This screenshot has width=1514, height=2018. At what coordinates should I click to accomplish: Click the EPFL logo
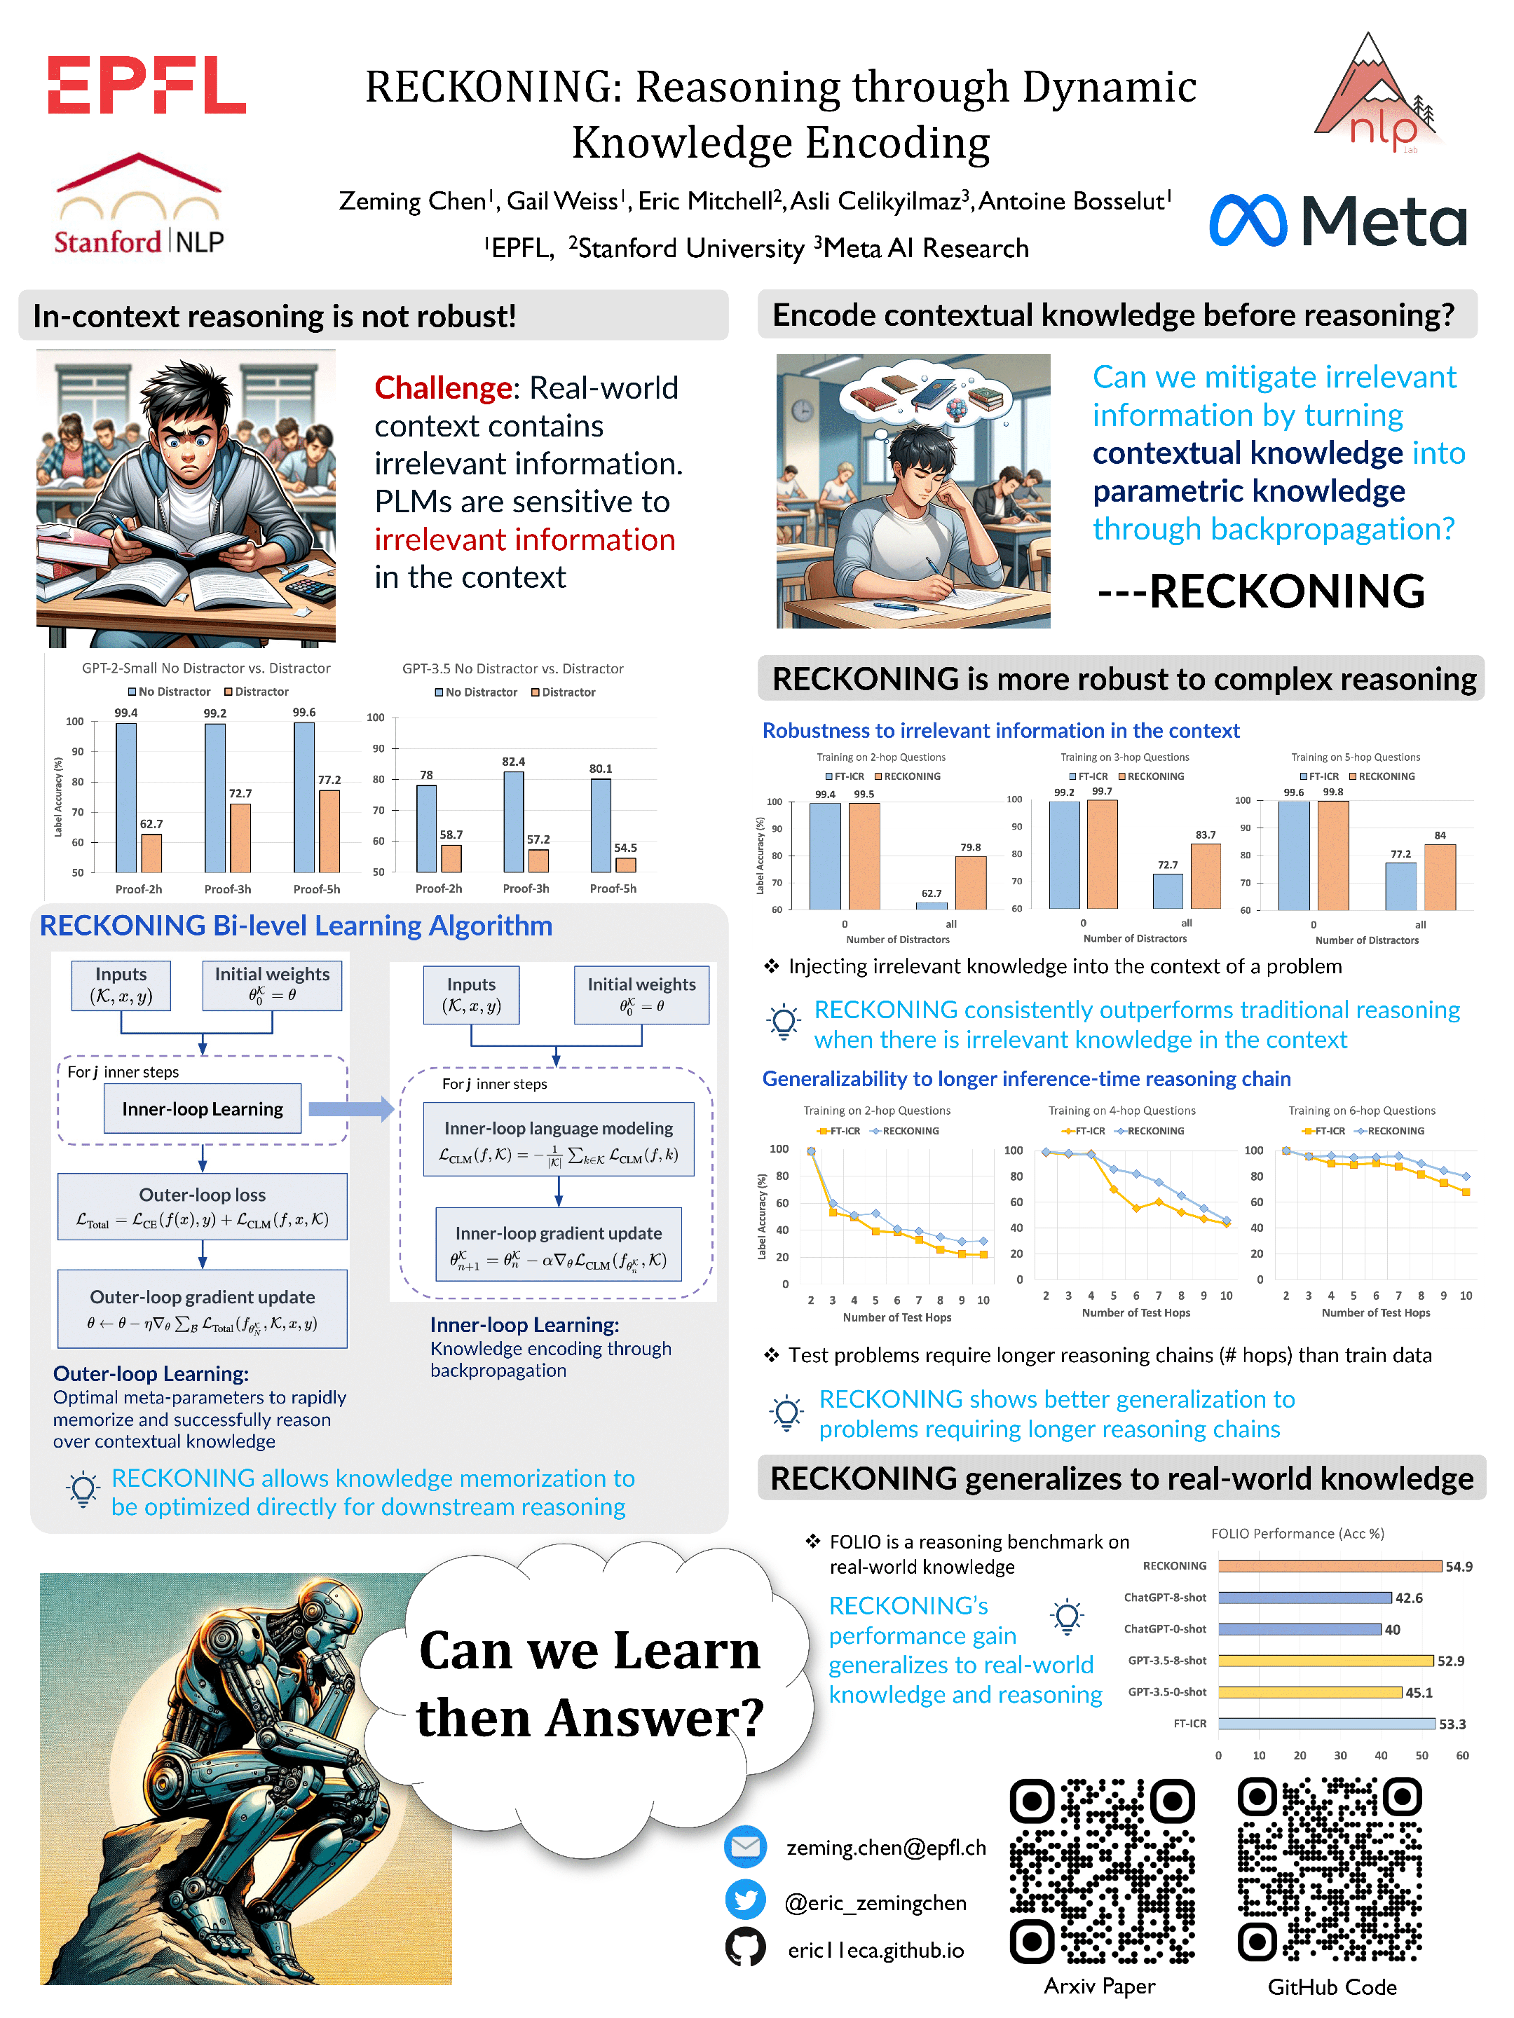click(x=146, y=85)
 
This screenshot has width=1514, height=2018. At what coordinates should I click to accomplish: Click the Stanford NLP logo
click(x=139, y=205)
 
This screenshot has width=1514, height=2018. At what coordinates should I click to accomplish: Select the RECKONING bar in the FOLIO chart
click(x=1329, y=1565)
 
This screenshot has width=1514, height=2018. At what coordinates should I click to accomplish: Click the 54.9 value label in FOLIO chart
click(x=1459, y=1567)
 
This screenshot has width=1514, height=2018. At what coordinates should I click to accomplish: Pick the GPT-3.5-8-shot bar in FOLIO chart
click(x=1325, y=1661)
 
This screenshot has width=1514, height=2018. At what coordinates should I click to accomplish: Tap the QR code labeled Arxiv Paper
click(x=1102, y=1870)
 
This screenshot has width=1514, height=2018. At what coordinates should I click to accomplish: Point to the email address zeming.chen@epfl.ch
click(x=885, y=1848)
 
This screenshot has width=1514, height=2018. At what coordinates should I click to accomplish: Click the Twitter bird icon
click(x=746, y=1900)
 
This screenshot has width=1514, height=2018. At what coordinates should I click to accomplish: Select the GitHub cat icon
click(x=746, y=1948)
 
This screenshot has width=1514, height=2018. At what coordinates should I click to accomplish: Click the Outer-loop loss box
click(x=203, y=1206)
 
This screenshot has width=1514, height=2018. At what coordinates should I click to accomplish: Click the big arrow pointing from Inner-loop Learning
click(x=350, y=1108)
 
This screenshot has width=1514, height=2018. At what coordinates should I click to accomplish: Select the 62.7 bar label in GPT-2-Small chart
click(x=151, y=824)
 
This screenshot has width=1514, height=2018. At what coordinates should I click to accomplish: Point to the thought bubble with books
click(x=927, y=394)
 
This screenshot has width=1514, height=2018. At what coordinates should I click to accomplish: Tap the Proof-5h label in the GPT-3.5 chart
click(x=613, y=888)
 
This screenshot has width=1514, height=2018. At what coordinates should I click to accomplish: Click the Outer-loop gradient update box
click(x=203, y=1309)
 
